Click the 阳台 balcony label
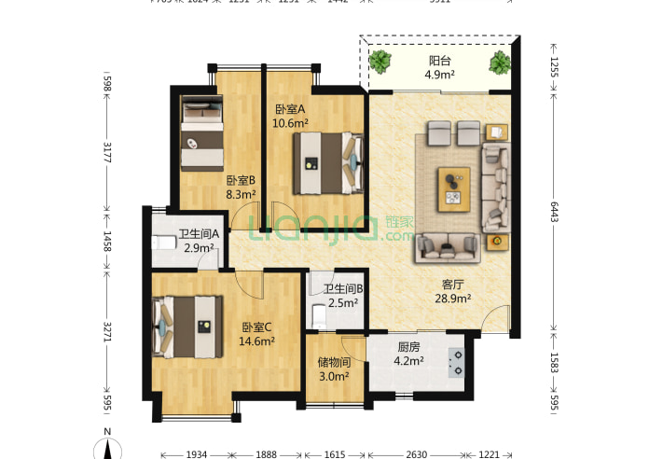pos(438,62)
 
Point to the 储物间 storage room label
pos(333,362)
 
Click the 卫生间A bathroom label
pos(199,234)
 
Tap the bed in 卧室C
pos(190,327)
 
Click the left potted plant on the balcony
pos(380,63)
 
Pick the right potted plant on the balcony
pos(500,63)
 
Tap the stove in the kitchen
pos(457,362)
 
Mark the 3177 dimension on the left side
pos(107,151)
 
